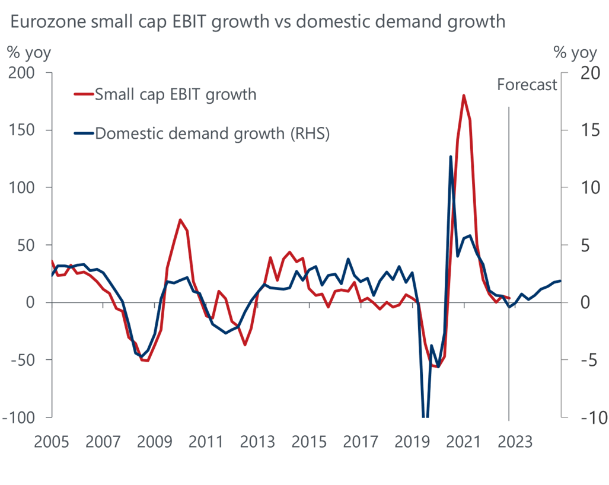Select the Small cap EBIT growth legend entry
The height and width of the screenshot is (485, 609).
[176, 94]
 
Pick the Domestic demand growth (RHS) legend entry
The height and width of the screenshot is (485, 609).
[212, 133]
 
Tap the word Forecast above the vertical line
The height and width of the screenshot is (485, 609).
[527, 85]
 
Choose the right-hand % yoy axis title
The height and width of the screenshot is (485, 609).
[575, 52]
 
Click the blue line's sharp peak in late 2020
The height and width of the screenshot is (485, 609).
[451, 157]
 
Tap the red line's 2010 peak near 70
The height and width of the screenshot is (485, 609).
[180, 220]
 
